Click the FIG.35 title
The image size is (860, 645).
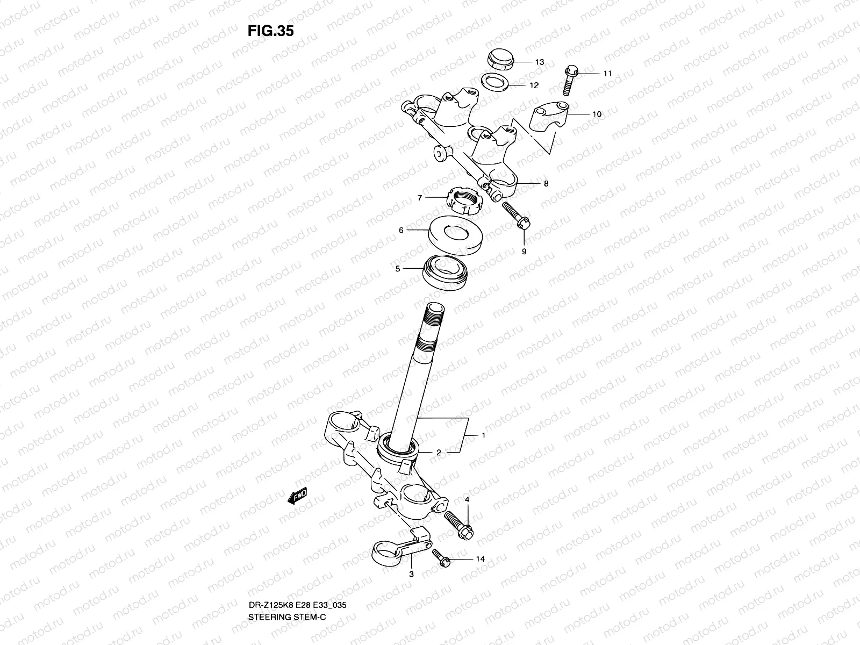tap(270, 31)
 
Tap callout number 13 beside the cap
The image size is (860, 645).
tap(539, 62)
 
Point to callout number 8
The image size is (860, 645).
tap(546, 184)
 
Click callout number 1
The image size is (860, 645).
tap(483, 435)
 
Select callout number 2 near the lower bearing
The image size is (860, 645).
tap(439, 453)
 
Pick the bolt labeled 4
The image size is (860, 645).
tap(457, 524)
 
